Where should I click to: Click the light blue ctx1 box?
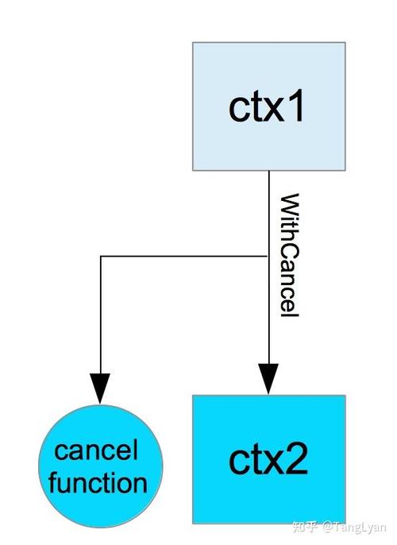coord(268,106)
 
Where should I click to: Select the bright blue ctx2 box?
coord(268,458)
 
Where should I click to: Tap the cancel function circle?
coord(100,467)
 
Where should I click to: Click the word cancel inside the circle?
coord(96,452)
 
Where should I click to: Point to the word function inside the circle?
coord(98,483)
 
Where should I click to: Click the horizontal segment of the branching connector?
coord(183,257)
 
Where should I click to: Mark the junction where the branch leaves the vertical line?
coord(269,257)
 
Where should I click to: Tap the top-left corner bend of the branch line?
coord(101,257)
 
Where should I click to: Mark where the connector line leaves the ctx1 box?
coord(269,171)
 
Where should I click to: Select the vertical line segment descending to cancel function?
coord(101,318)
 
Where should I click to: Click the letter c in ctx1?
coord(237,109)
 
